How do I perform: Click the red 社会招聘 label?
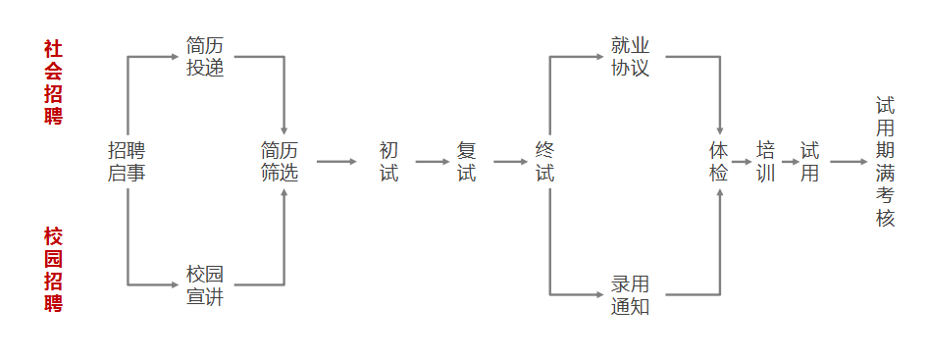pos(53,82)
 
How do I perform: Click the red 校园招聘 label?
pos(53,270)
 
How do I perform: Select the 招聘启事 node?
pos(127,162)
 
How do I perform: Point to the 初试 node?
pos(388,162)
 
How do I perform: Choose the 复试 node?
pos(467,162)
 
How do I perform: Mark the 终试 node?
pos(545,162)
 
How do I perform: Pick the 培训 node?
pos(766,162)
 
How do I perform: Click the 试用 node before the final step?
pos(810,162)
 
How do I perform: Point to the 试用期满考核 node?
pos(886,162)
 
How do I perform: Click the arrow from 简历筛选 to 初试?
pos(336,162)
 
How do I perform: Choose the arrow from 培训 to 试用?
pos(789,162)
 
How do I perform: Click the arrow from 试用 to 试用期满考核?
pos(848,162)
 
